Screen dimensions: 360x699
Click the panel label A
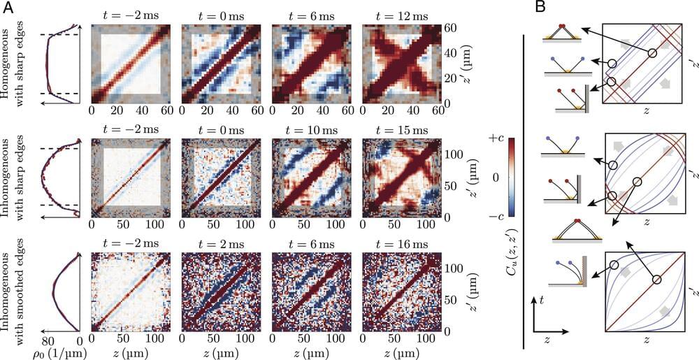point(9,7)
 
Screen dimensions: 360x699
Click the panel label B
point(540,7)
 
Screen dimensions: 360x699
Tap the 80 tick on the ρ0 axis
point(48,340)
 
